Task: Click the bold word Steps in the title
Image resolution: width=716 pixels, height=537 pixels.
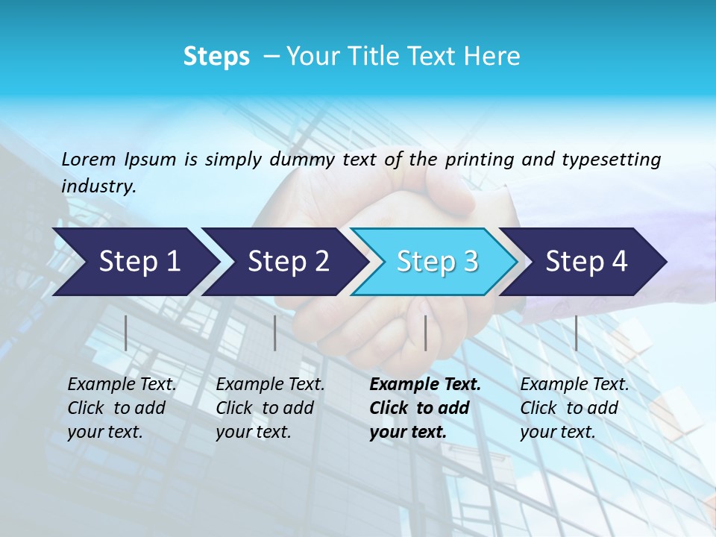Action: click(x=216, y=57)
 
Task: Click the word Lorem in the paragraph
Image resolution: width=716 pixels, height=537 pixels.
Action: click(x=89, y=159)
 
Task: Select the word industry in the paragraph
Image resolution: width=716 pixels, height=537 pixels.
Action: click(x=98, y=186)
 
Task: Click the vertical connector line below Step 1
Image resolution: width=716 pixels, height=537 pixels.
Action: click(x=126, y=333)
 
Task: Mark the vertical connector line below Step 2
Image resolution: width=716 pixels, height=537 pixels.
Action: click(x=275, y=333)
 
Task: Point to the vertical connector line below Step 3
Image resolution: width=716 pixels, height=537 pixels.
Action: click(x=425, y=333)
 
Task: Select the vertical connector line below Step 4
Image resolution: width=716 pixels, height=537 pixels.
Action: click(x=576, y=333)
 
